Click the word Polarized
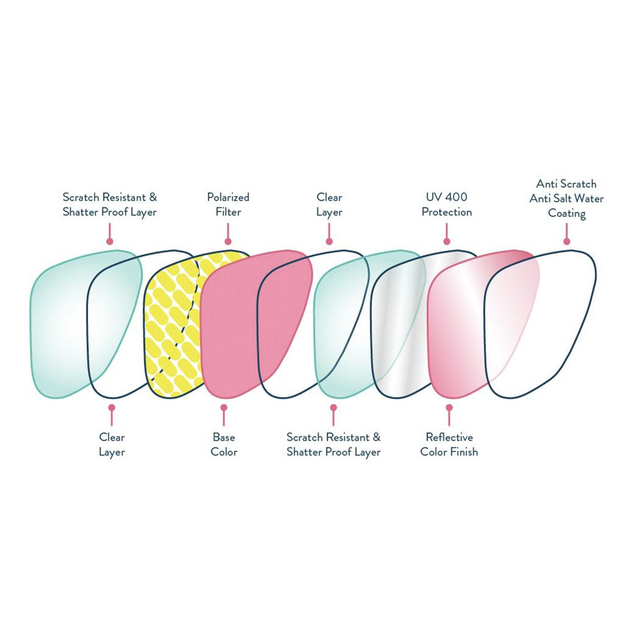point(228,197)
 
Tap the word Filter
point(228,212)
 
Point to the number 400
point(456,197)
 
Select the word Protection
point(447,212)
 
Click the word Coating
point(566,213)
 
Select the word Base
point(224,437)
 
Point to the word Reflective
point(449,437)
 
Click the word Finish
point(464,452)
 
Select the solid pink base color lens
point(234,326)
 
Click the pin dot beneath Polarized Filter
point(228,241)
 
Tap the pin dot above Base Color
point(224,407)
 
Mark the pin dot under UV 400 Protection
point(447,241)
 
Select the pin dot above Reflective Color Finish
point(449,407)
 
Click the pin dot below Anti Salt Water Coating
point(566,241)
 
